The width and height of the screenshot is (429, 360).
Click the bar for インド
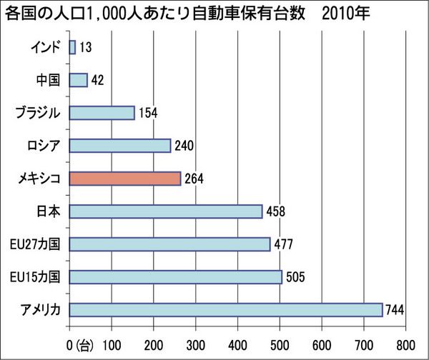click(x=72, y=47)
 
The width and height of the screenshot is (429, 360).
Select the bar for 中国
click(x=79, y=80)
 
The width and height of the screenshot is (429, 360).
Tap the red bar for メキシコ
click(x=125, y=179)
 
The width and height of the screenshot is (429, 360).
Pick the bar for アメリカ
click(x=226, y=310)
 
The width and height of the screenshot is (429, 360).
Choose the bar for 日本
click(x=166, y=211)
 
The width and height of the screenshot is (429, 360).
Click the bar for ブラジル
click(x=102, y=113)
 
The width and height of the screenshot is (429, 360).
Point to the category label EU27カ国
click(x=38, y=244)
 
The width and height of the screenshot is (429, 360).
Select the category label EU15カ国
click(x=38, y=277)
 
